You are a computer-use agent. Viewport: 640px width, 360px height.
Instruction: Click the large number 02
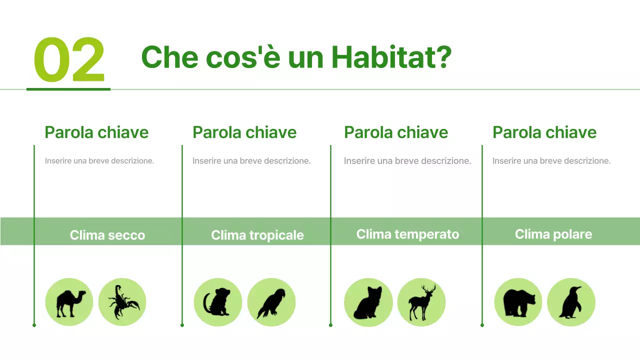(x=69, y=60)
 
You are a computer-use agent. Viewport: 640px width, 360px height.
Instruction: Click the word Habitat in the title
(x=391, y=57)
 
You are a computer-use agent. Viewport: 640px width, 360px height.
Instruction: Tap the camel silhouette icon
(x=69, y=302)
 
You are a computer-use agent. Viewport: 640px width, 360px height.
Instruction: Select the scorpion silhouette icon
(x=122, y=302)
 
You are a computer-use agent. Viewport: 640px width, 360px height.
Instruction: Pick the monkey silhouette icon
(x=217, y=302)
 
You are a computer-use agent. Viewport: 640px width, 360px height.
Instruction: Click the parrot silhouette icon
(x=271, y=302)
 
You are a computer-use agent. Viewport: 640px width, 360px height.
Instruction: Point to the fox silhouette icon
(x=368, y=302)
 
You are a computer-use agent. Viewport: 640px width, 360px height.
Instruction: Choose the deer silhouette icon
(x=421, y=302)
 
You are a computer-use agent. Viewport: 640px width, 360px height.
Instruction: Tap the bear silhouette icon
(x=518, y=302)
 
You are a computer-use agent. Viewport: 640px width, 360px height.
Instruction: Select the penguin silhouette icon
(x=571, y=302)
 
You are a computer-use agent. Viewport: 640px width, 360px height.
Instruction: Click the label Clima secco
(x=107, y=235)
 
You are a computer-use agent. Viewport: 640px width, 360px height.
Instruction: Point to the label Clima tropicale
(x=257, y=235)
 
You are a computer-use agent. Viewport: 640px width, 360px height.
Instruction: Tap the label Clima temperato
(x=407, y=234)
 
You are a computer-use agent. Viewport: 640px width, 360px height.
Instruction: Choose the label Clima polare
(x=553, y=234)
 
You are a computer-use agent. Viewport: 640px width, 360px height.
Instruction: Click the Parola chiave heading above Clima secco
(x=96, y=132)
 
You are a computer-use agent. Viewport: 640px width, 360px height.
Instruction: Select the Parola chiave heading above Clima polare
(x=544, y=132)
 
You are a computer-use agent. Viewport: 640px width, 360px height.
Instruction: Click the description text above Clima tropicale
(x=251, y=161)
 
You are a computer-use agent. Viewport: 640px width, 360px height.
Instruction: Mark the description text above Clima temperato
(x=407, y=161)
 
